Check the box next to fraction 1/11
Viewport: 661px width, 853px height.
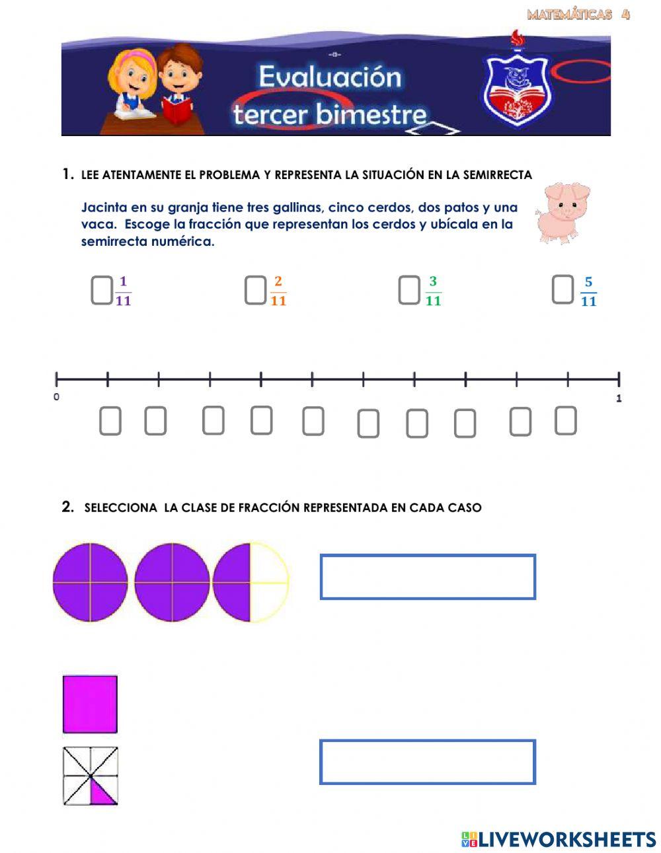[x=101, y=291]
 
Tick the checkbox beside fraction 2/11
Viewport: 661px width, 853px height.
[x=255, y=290]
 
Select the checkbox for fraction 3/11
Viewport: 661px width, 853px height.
[x=409, y=290]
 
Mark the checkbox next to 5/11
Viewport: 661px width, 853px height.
[x=563, y=290]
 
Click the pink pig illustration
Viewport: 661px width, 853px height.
[x=563, y=212]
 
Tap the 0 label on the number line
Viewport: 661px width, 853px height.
[x=56, y=397]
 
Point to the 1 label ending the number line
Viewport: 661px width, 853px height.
[x=619, y=398]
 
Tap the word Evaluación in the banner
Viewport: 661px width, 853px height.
[x=329, y=77]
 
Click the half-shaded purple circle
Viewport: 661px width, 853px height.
[x=251, y=583]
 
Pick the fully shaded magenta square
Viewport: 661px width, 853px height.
[x=90, y=704]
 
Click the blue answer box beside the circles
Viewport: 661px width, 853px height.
[x=428, y=577]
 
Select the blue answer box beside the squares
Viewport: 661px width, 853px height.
[x=428, y=762]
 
